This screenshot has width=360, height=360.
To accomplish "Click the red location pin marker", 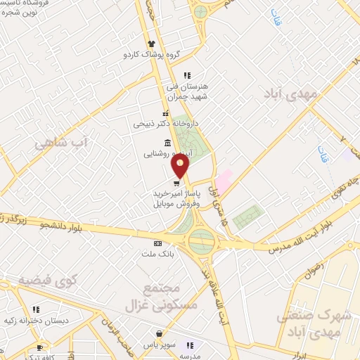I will click(x=181, y=166).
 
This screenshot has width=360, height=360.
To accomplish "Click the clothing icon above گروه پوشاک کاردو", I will click(x=151, y=44).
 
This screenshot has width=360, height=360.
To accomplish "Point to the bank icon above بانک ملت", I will click(x=156, y=243).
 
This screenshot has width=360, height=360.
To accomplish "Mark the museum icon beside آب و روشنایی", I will click(x=167, y=143).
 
